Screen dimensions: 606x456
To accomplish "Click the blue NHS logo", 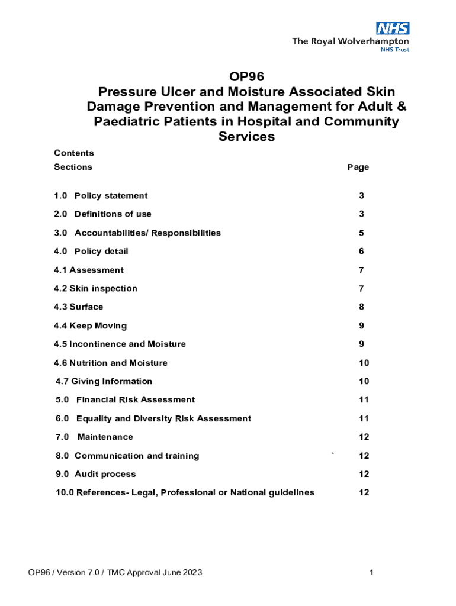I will pyautogui.click(x=392, y=28).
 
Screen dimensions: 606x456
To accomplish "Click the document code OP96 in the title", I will pyautogui.click(x=246, y=76).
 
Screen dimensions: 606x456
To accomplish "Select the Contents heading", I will pyautogui.click(x=74, y=153).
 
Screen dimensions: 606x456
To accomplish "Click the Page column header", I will pyautogui.click(x=358, y=167).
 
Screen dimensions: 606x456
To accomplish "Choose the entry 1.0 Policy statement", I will pyautogui.click(x=101, y=196).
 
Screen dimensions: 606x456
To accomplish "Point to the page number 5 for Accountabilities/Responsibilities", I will pyautogui.click(x=361, y=233).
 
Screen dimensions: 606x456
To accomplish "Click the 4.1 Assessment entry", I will pyautogui.click(x=89, y=270).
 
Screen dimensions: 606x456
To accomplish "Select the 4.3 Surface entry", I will pyautogui.click(x=79, y=307).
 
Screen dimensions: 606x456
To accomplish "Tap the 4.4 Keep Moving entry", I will pyautogui.click(x=90, y=325).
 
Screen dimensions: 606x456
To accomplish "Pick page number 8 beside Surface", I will pyautogui.click(x=361, y=307).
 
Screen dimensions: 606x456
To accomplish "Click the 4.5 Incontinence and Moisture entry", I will pyautogui.click(x=120, y=344).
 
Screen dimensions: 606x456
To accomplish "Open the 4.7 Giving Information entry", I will pyautogui.click(x=104, y=382).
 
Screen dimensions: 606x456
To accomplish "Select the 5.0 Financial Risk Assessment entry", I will pyautogui.click(x=125, y=400).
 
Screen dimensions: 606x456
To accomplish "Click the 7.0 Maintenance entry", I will pyautogui.click(x=95, y=437).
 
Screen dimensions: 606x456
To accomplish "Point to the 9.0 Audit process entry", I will pyautogui.click(x=95, y=474).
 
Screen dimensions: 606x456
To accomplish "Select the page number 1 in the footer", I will pyautogui.click(x=371, y=572).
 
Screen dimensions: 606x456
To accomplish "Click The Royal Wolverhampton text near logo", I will pyautogui.click(x=350, y=41).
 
